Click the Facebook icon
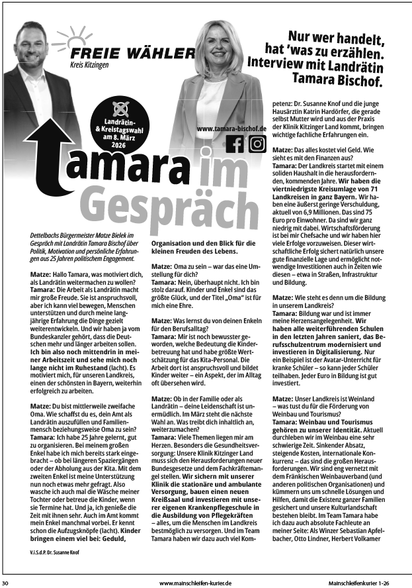tap(235, 144)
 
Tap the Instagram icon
tap(257, 144)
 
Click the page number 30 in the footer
tap(5, 583)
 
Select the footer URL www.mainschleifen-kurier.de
tap(196, 583)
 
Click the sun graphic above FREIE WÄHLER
tap(81, 37)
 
